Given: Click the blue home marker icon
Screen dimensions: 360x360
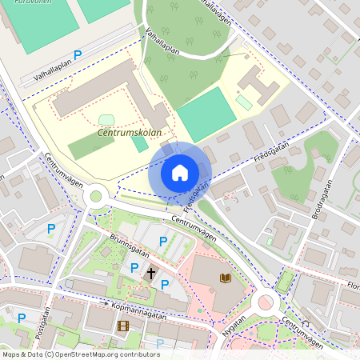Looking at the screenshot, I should pos(180,172).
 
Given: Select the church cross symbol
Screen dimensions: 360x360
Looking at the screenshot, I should pos(150,274).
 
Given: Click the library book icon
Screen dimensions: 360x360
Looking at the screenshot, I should pos(226,278).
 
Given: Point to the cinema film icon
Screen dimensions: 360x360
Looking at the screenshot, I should pos(122,326).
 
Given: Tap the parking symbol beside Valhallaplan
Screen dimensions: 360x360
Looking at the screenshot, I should pos(78,54).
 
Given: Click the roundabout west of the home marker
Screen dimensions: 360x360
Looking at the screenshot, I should pos(97,194).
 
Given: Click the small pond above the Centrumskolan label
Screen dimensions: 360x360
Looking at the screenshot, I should pos(106,120).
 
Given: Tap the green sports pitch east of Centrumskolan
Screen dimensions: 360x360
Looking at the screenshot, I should pos(206,114).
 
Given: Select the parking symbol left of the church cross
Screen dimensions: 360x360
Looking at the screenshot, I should pos(134,268).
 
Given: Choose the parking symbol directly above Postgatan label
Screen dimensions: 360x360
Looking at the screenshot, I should pos(22,318).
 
